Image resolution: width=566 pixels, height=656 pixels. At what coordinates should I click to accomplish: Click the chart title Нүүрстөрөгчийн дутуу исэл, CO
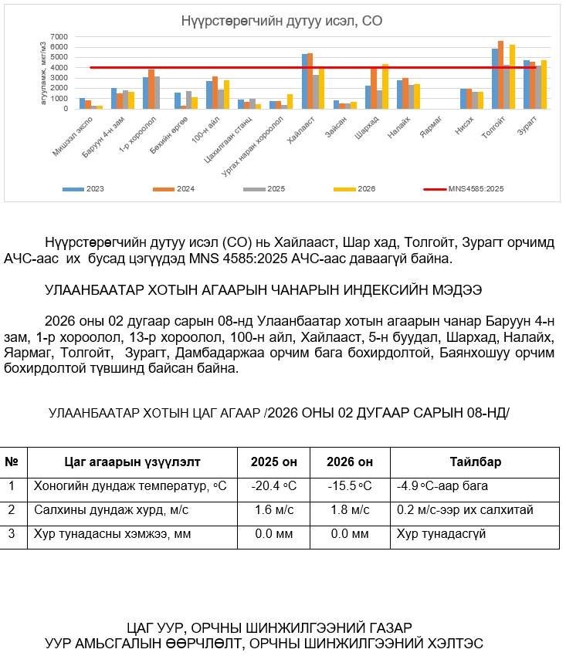click(x=281, y=21)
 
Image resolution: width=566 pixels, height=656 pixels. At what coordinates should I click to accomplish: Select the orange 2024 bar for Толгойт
click(x=500, y=75)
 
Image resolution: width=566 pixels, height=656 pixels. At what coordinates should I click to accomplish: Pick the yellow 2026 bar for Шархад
click(x=385, y=86)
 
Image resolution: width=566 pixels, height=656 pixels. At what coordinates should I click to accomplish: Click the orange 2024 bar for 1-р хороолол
click(x=151, y=89)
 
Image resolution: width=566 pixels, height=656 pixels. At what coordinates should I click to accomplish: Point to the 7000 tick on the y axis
click(x=59, y=37)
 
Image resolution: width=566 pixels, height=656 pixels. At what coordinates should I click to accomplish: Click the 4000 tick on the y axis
click(x=59, y=67)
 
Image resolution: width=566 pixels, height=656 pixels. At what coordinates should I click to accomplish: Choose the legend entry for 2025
click(x=266, y=188)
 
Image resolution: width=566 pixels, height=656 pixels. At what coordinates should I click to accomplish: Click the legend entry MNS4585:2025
click(x=468, y=188)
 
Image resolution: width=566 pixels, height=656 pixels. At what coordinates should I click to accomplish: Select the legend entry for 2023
click(x=86, y=188)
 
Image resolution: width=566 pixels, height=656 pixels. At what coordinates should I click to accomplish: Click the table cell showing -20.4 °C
click(x=274, y=486)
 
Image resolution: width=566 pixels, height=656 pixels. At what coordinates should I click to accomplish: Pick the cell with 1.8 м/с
click(x=349, y=509)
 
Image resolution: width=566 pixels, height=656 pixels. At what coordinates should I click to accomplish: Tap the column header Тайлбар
click(x=476, y=462)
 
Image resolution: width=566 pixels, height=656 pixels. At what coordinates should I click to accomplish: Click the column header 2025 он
click(x=274, y=462)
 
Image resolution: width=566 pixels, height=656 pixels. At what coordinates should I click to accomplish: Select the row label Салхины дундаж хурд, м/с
click(x=111, y=509)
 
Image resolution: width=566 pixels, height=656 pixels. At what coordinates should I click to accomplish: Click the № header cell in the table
click(x=12, y=462)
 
